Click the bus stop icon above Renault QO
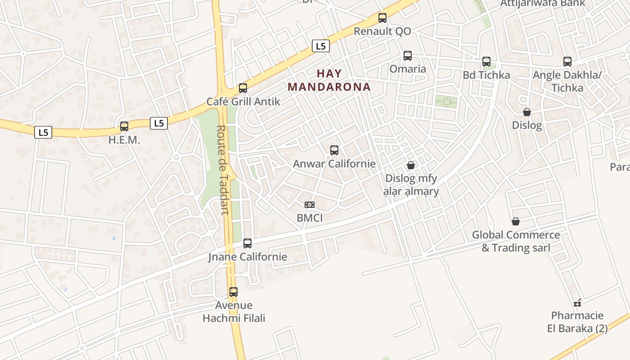pyautogui.click(x=382, y=18)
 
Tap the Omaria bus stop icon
pyautogui.click(x=408, y=56)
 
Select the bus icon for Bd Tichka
pyautogui.click(x=486, y=62)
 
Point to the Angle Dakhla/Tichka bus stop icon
pyautogui.click(x=567, y=62)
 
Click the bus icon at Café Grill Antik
pyautogui.click(x=243, y=88)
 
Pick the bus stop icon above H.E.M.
pyautogui.click(x=124, y=126)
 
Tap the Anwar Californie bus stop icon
pyautogui.click(x=334, y=150)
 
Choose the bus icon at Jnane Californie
pyautogui.click(x=247, y=243)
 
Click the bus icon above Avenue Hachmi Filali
pyautogui.click(x=234, y=292)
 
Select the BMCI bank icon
pyautogui.click(x=310, y=205)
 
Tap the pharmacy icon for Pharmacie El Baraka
pyautogui.click(x=577, y=302)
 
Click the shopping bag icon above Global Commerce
pyautogui.click(x=516, y=221)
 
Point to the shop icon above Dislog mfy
pyautogui.click(x=410, y=165)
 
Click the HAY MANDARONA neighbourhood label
pyautogui.click(x=329, y=80)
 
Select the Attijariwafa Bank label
pyautogui.click(x=543, y=3)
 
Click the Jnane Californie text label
pyautogui.click(x=247, y=257)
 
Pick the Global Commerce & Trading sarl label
pyautogui.click(x=516, y=241)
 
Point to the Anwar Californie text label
pyautogui.click(x=334, y=163)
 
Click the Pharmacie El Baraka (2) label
pyautogui.click(x=577, y=322)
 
